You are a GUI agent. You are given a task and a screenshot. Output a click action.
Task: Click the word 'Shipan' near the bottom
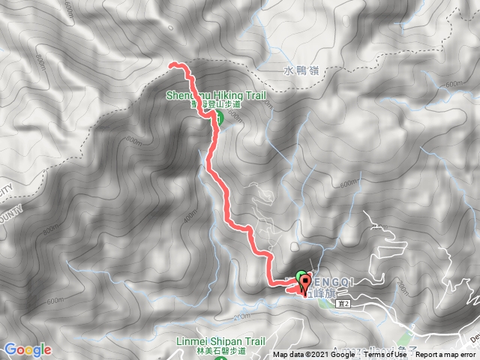point(218,340)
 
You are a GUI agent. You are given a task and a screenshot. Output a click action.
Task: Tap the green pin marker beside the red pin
point(299,278)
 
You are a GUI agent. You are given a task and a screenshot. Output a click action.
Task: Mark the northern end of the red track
point(172,66)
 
